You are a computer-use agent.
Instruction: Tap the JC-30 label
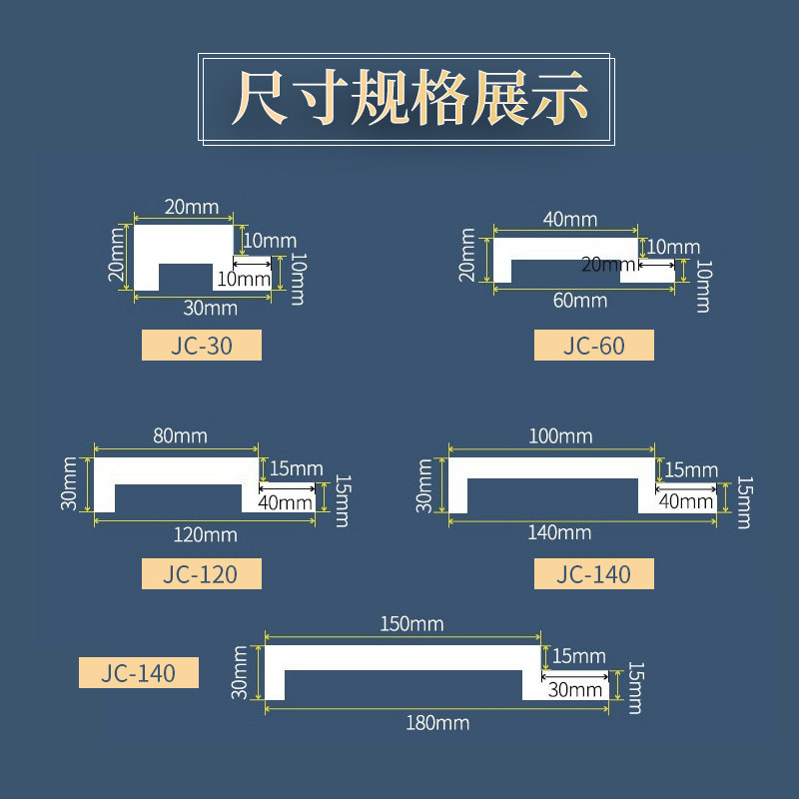[x=201, y=346]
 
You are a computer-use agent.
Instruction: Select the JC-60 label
[x=593, y=346]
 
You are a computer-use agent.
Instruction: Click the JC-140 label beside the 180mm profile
[x=139, y=673]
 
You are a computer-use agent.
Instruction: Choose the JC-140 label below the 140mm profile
[x=593, y=574]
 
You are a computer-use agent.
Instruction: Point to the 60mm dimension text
[x=579, y=300]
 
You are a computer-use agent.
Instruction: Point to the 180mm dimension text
[x=437, y=722]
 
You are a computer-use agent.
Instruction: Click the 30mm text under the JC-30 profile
[x=203, y=307]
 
